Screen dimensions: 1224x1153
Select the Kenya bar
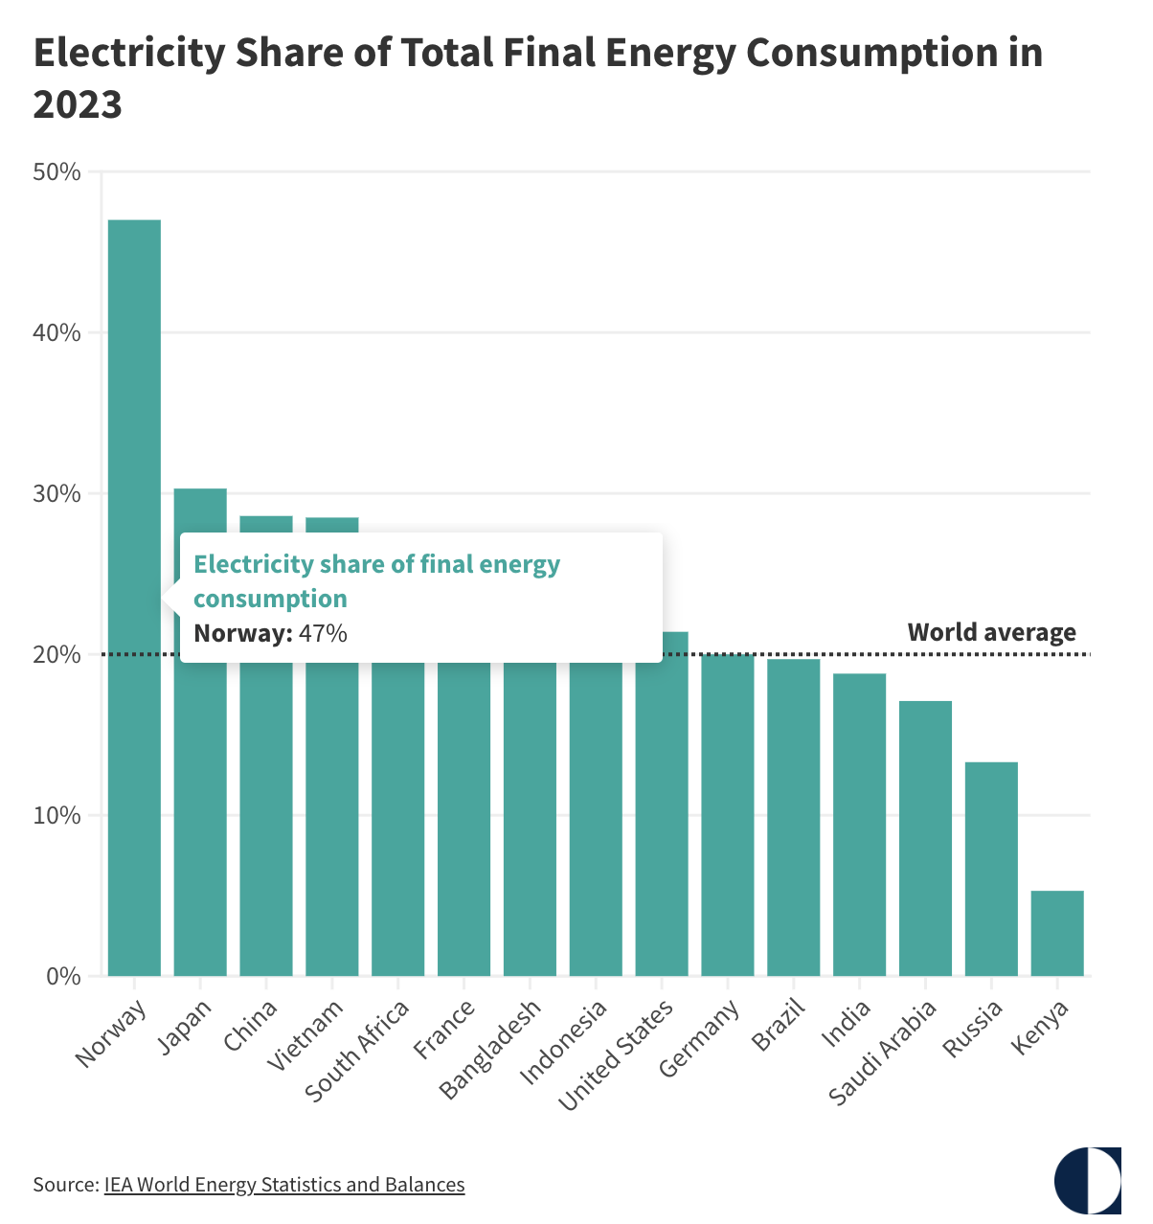pos(1057,933)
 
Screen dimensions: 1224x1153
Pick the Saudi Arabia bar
pos(925,838)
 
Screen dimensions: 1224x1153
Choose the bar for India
pos(859,824)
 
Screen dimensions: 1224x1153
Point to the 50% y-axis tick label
pos(57,172)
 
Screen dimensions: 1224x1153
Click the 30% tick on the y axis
pos(57,494)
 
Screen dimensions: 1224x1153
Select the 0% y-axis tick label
pos(62,977)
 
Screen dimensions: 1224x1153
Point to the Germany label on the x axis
pos(701,1038)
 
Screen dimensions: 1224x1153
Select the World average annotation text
pos(991,632)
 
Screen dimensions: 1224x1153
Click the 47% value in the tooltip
pos(323,633)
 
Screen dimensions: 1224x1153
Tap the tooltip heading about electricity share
pos(376,581)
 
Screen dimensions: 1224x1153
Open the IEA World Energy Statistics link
pos(284,1185)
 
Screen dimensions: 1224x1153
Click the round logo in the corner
pos(1087,1179)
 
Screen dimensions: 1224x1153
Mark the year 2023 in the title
pos(78,103)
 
